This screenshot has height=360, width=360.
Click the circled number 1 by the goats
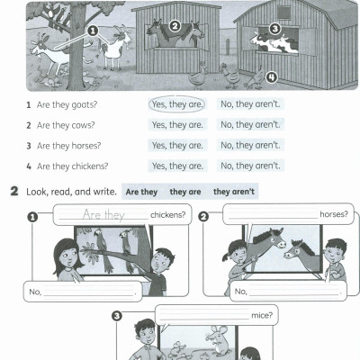click(x=91, y=30)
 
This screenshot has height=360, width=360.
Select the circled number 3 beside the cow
click(x=274, y=29)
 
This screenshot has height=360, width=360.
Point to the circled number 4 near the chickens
click(x=271, y=76)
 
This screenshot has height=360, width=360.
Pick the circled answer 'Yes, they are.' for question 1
click(x=177, y=104)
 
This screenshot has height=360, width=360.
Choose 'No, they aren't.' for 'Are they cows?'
click(x=250, y=125)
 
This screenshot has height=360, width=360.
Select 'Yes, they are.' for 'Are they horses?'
click(x=177, y=146)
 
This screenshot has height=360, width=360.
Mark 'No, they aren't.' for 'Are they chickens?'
click(x=250, y=166)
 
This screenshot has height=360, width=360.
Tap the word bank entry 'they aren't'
click(x=234, y=192)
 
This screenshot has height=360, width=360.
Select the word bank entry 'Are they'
click(x=142, y=192)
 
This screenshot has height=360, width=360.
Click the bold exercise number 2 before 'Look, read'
click(x=13, y=192)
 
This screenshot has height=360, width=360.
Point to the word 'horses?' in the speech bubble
click(x=334, y=215)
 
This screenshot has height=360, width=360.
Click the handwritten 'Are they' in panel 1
click(x=103, y=215)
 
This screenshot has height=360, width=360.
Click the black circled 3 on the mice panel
click(x=117, y=316)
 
